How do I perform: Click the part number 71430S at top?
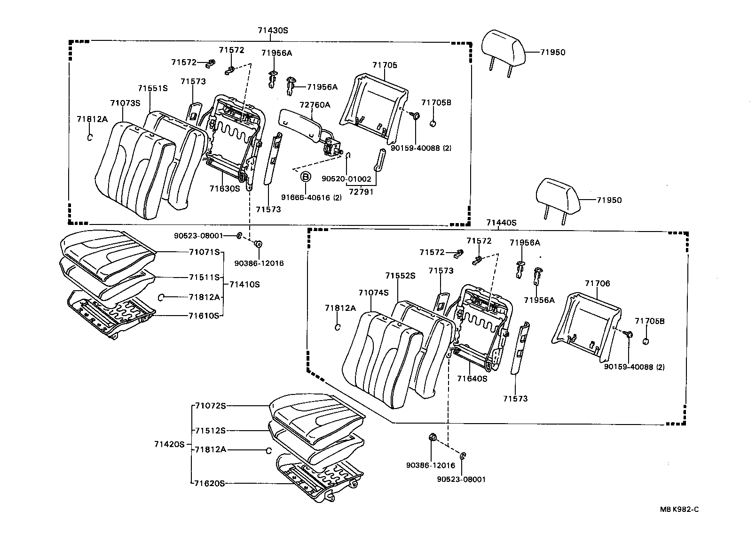coord(272,30)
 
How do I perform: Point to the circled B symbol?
coord(306,177)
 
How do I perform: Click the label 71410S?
coord(244,284)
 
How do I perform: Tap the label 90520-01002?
coord(346,179)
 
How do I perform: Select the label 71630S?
coord(225,188)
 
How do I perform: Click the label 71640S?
coord(472,378)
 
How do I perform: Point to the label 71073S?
coord(125,103)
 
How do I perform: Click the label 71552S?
coord(400,276)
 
